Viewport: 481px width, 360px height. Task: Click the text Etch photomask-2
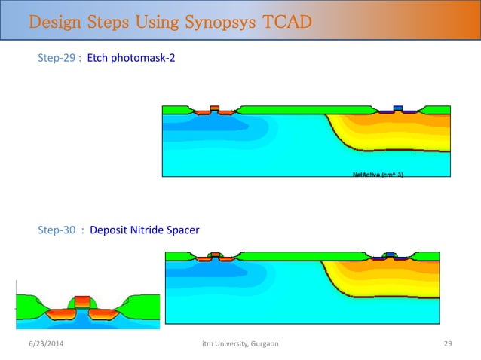[x=131, y=57]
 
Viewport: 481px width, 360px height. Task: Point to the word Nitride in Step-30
[x=149, y=230]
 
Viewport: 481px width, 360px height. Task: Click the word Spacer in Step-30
[x=184, y=230]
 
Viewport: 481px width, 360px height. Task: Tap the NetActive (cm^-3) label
[x=382, y=175]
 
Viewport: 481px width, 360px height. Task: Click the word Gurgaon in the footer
[x=261, y=344]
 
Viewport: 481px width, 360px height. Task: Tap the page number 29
[x=446, y=344]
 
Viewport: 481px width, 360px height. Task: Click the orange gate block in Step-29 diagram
[x=215, y=108]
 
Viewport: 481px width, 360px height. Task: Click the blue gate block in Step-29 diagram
[x=398, y=108]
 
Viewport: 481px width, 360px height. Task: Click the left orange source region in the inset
[x=60, y=314]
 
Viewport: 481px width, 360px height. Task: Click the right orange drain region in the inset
[x=104, y=314]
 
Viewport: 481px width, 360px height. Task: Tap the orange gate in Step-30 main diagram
[x=216, y=255]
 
